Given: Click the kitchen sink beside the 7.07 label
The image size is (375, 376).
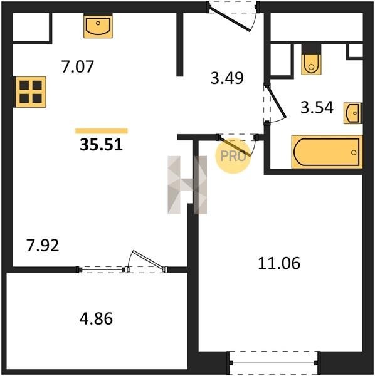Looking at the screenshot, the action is click(x=98, y=25).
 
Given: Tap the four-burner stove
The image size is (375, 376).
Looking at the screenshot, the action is click(x=30, y=92).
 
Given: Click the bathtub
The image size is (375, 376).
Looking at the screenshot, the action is click(x=327, y=152).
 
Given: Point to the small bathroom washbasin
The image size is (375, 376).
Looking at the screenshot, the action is click(x=352, y=113).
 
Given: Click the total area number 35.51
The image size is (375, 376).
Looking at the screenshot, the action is click(x=101, y=145).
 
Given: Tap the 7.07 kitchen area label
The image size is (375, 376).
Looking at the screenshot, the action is click(x=77, y=66).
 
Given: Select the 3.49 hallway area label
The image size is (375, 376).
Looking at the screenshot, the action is click(x=227, y=78).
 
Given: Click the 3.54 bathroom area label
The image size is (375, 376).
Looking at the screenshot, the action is click(x=317, y=107).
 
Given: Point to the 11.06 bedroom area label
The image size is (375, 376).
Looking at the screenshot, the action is click(x=279, y=263).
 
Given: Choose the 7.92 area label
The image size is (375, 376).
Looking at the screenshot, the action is click(x=43, y=246).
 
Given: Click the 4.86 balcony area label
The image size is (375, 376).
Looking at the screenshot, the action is click(x=96, y=319).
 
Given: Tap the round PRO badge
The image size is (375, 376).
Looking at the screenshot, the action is click(x=233, y=156).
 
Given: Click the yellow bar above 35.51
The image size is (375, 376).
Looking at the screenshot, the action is click(x=102, y=131).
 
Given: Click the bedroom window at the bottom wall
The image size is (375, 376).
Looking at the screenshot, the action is click(x=273, y=363).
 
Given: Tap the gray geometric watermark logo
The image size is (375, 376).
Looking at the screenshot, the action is click(x=187, y=185).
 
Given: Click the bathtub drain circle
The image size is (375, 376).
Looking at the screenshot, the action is click(x=354, y=152).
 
